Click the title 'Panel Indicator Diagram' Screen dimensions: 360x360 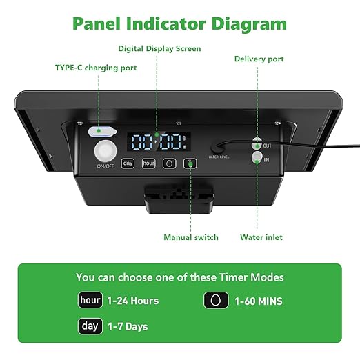[x=179, y=23]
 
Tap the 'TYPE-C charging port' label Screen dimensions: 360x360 [x=96, y=68]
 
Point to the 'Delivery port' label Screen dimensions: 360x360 [x=259, y=59]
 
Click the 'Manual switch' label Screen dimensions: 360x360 [x=191, y=237]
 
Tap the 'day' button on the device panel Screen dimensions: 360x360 [x=128, y=163]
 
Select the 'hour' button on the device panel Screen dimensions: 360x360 [x=148, y=163]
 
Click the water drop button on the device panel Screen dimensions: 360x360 [x=169, y=163]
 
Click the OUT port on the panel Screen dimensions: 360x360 [x=257, y=144]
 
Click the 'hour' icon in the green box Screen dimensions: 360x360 [x=90, y=301]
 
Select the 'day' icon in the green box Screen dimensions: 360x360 [x=90, y=326]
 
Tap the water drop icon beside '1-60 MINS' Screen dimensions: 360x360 [x=216, y=301]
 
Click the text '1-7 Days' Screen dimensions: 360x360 [x=128, y=326]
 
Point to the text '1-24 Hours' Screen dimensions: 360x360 [x=133, y=301]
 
